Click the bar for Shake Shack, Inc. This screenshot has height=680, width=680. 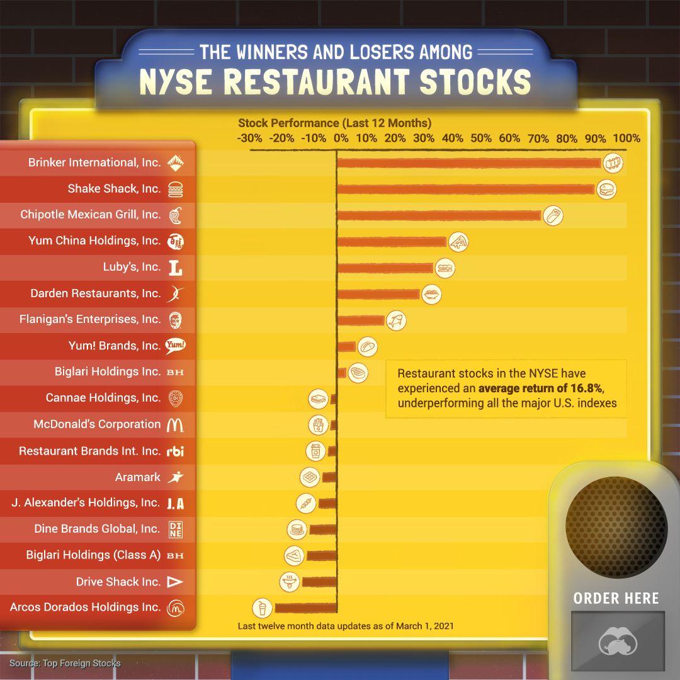(x=466, y=189)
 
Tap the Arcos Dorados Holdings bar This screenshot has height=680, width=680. (x=306, y=608)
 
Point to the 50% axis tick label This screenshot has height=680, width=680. (x=481, y=139)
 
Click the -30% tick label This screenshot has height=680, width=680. (x=249, y=139)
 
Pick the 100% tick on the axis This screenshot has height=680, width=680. (x=626, y=139)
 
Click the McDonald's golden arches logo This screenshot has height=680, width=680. (x=175, y=425)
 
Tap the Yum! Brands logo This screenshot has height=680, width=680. (x=175, y=345)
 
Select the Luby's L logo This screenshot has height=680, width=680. (x=176, y=268)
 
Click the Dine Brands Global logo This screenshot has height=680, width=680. (x=176, y=530)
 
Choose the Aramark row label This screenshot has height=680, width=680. (x=138, y=477)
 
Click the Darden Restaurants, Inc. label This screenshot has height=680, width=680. (x=96, y=293)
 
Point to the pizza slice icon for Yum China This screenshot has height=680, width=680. (x=458, y=242)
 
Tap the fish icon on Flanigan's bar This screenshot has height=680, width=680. (x=396, y=320)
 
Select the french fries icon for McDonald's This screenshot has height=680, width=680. (x=319, y=425)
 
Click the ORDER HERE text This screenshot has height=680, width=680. (x=616, y=598)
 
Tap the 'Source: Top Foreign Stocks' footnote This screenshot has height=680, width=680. (x=65, y=663)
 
